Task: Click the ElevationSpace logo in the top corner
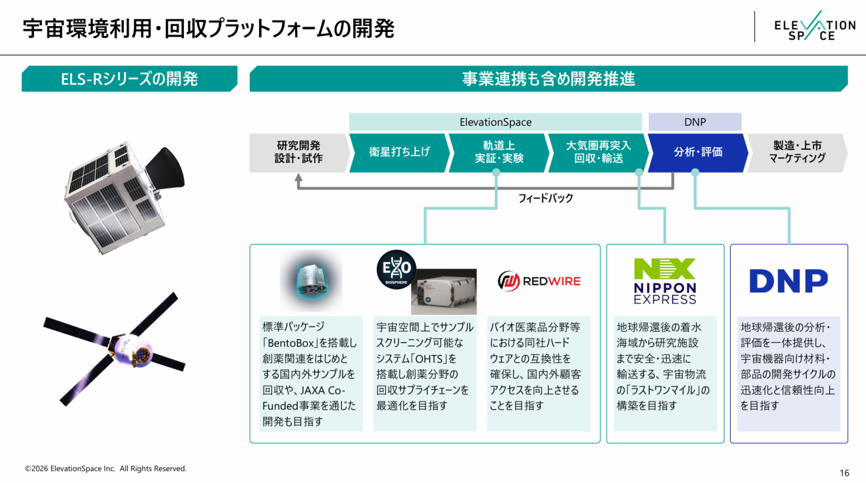(x=815, y=26)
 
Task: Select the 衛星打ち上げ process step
(x=400, y=153)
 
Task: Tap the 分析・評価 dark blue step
(x=698, y=153)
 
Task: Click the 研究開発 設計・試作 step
(x=299, y=153)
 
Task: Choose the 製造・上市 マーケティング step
(x=797, y=153)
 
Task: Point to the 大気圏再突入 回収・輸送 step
(x=598, y=153)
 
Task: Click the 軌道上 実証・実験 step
(x=499, y=153)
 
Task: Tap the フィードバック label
(x=546, y=199)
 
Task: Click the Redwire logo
(x=539, y=281)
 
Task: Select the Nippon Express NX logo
(x=665, y=281)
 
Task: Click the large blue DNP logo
(x=789, y=281)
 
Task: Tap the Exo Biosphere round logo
(x=396, y=269)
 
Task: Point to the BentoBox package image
(x=311, y=280)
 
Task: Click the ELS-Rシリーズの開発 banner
(x=129, y=79)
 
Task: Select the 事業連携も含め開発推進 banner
(x=549, y=79)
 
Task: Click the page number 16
(x=845, y=473)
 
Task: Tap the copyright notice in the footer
(x=105, y=469)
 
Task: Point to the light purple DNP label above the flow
(x=695, y=122)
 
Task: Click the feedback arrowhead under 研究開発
(x=298, y=178)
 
